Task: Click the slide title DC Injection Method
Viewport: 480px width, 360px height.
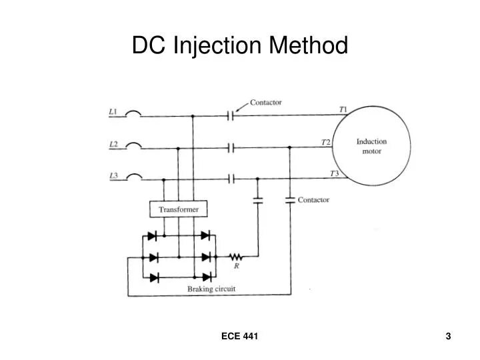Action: click(240, 45)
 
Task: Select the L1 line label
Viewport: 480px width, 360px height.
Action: click(113, 111)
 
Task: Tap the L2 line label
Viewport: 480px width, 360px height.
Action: click(113, 143)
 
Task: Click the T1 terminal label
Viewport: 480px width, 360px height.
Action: click(343, 109)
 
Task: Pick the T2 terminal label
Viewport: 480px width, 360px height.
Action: click(325, 142)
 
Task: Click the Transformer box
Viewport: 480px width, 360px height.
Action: click(179, 209)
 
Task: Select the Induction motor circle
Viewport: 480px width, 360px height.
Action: click(371, 146)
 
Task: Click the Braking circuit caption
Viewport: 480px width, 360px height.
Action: click(211, 289)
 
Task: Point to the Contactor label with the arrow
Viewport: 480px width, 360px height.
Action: click(265, 103)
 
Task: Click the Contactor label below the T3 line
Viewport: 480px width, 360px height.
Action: click(313, 199)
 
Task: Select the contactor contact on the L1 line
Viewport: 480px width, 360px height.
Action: click(230, 115)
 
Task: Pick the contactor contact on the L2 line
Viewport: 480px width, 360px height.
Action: click(231, 147)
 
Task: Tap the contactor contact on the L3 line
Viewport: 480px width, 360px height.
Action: click(231, 179)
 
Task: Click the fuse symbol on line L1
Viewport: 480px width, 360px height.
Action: click(133, 114)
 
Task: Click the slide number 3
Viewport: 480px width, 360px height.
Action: click(449, 337)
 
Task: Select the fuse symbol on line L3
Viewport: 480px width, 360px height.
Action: click(133, 177)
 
